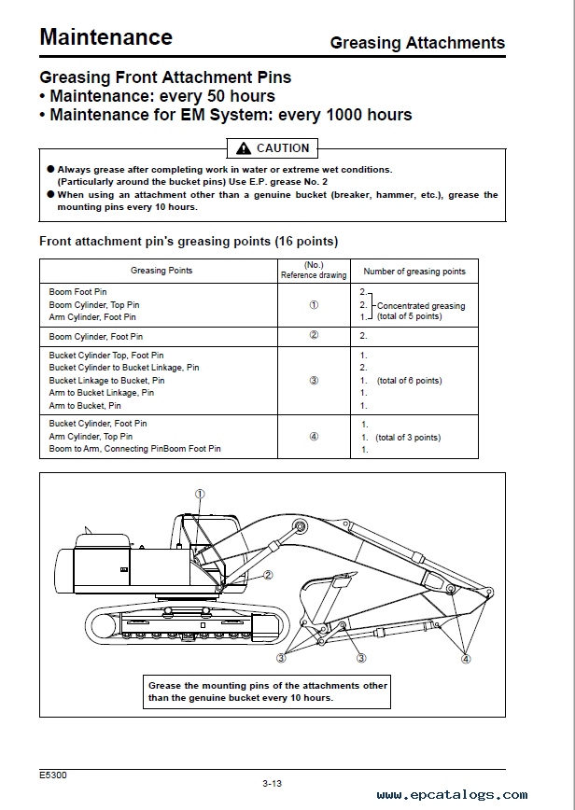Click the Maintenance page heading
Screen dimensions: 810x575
click(x=105, y=37)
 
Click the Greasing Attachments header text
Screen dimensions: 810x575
click(x=417, y=43)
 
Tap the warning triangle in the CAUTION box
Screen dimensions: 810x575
click(x=244, y=147)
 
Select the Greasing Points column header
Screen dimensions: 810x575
click(x=161, y=271)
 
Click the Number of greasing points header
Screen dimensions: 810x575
click(x=414, y=272)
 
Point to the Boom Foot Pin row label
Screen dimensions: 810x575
click(x=77, y=292)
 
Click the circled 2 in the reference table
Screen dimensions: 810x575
click(x=314, y=335)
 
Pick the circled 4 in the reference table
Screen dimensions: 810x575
click(x=314, y=436)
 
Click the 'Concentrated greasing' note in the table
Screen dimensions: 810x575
click(x=420, y=305)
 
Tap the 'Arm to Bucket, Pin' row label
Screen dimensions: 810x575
click(x=85, y=406)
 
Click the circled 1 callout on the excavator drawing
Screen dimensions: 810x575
click(x=199, y=494)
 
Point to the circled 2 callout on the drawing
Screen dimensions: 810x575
click(x=268, y=575)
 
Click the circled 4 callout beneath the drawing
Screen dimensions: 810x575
click(x=466, y=658)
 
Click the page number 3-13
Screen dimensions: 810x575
click(x=273, y=783)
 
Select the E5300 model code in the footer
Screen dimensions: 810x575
click(x=53, y=775)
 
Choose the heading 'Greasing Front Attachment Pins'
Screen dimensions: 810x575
click(x=165, y=77)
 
